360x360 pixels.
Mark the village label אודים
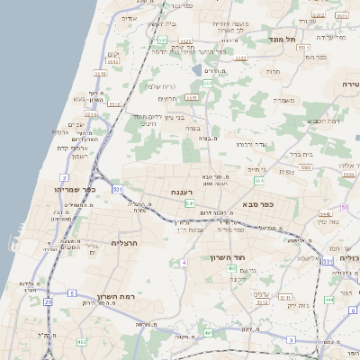(x=129, y=18)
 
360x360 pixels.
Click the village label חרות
(x=274, y=71)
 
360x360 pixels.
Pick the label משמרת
(x=286, y=100)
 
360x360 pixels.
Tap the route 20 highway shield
(x=48, y=302)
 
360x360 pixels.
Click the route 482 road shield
(x=82, y=342)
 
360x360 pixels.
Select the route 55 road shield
(x=344, y=208)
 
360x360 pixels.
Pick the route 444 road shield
(x=329, y=299)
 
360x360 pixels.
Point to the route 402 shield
(x=231, y=268)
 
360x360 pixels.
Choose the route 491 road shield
(x=208, y=333)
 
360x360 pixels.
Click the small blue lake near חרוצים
(x=196, y=69)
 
